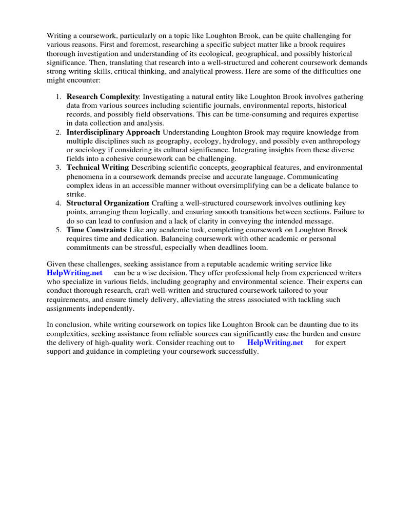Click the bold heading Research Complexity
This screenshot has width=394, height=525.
pyautogui.click(x=103, y=96)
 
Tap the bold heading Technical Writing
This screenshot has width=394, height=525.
pyautogui.click(x=97, y=168)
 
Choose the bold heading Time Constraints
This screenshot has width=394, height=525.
pyautogui.click(x=96, y=230)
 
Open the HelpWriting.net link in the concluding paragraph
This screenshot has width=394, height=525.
pyautogui.click(x=275, y=342)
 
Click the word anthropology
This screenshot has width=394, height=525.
pyautogui.click(x=336, y=141)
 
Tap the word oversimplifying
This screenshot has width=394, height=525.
pyautogui.click(x=244, y=186)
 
